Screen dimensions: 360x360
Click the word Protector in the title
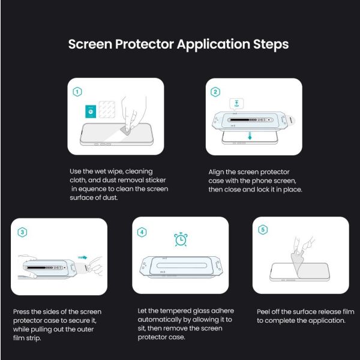(144, 44)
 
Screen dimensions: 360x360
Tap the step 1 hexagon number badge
(77, 92)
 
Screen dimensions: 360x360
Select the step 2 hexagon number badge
(215, 92)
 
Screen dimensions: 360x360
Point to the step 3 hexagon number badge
(22, 232)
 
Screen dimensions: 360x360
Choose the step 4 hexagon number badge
(142, 232)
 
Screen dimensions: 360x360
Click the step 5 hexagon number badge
(263, 230)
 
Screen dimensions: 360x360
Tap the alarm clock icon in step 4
(181, 239)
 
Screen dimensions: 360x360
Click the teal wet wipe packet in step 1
(91, 112)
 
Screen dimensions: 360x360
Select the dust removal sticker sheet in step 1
(107, 110)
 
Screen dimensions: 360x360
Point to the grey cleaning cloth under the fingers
(126, 130)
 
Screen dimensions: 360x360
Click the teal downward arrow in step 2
(250, 136)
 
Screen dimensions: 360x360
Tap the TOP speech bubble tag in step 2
(236, 104)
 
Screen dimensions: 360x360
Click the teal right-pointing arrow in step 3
(83, 257)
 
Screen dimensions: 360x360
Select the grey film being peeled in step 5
(298, 265)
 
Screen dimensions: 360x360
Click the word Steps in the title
(271, 44)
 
